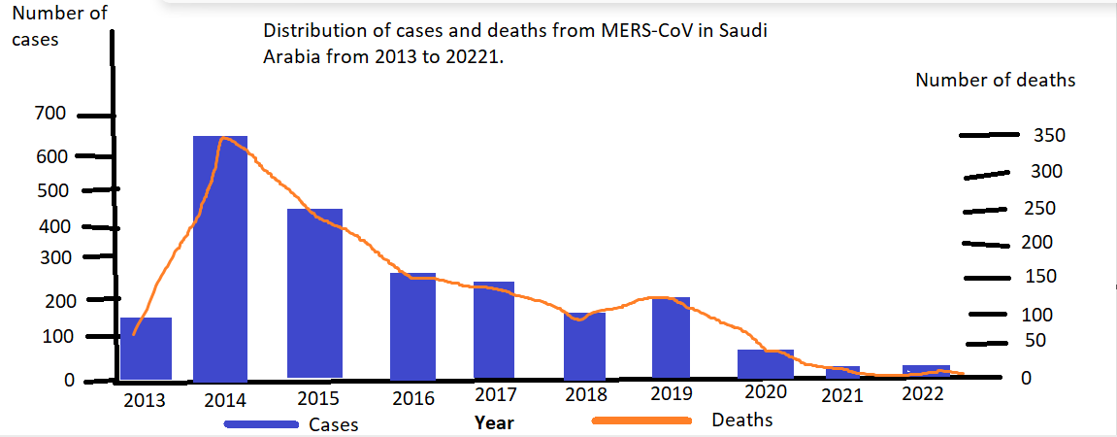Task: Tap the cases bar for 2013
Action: (146, 349)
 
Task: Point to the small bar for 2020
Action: (765, 364)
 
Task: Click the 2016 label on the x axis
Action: (412, 397)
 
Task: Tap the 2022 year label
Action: (922, 394)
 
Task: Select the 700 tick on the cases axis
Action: (50, 115)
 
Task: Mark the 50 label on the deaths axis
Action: (1035, 341)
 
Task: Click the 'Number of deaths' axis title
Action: (995, 81)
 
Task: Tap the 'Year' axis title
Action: (494, 422)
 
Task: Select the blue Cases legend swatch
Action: (261, 424)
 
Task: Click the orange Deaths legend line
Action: (641, 421)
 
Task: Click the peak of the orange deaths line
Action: (224, 139)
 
